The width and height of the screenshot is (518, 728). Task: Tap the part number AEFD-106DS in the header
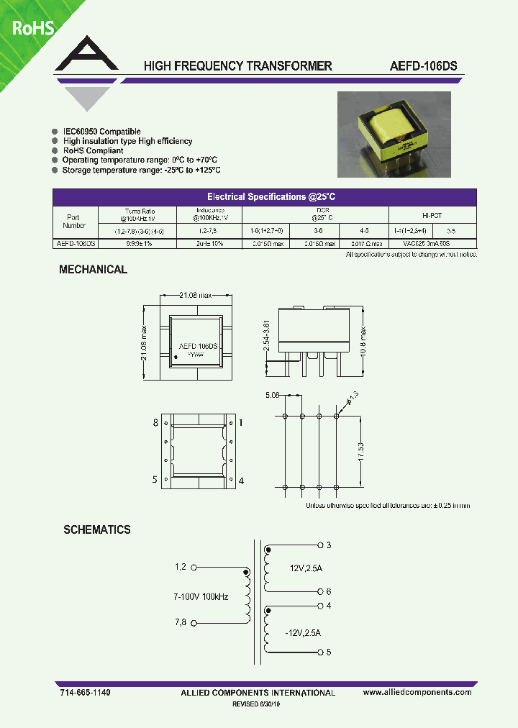click(424, 66)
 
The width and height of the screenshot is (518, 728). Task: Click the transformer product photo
click(394, 135)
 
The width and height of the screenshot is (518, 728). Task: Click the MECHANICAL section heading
click(93, 270)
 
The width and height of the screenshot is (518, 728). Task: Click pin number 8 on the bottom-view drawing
click(155, 423)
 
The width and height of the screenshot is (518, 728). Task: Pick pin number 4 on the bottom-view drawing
click(241, 480)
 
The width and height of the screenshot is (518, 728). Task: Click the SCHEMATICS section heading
click(97, 529)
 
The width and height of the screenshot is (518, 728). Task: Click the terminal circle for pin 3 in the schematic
click(320, 545)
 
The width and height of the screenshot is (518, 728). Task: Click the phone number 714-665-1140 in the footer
click(85, 692)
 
